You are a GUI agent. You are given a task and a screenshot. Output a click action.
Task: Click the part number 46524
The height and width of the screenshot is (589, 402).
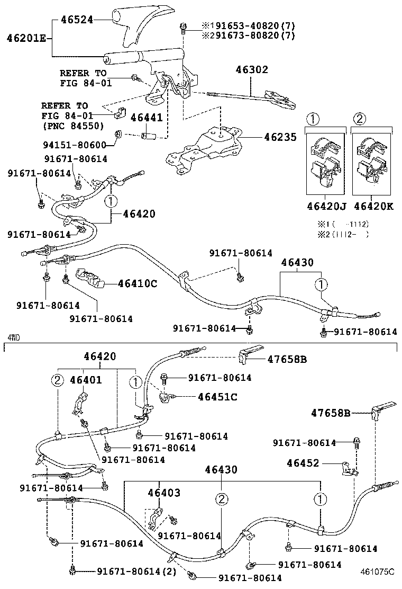77,20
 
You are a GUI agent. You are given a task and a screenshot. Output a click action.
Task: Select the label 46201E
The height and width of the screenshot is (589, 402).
26,38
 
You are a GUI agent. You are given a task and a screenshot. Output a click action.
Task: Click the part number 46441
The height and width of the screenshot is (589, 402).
147,117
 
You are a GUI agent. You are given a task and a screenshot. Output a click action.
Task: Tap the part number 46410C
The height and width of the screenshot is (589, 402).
137,283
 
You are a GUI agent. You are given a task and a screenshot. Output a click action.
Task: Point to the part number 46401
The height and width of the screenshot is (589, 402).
86,380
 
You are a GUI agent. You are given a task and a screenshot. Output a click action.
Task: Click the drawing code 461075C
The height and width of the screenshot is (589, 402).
378,572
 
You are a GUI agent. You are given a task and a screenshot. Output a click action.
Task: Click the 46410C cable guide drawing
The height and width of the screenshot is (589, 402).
91,279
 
